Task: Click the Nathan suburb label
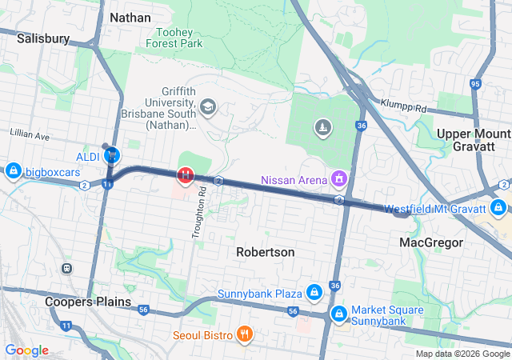[130, 17]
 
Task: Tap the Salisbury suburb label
[44, 38]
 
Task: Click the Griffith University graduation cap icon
[208, 106]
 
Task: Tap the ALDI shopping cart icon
[113, 155]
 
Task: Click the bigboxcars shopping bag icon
[13, 171]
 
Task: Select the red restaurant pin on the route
[185, 174]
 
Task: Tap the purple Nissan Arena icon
[339, 178]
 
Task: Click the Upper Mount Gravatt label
[474, 141]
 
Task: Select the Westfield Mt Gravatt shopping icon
[498, 209]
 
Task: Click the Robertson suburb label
[265, 252]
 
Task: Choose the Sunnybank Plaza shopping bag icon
[314, 294]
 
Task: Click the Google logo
[27, 350]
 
